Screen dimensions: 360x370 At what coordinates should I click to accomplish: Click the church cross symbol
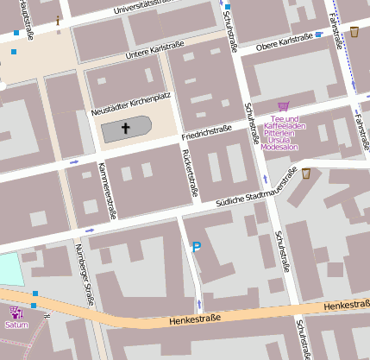click(x=125, y=129)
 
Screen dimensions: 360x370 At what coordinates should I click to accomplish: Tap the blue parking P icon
click(x=197, y=248)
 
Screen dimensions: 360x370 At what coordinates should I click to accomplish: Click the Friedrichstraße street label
click(x=208, y=136)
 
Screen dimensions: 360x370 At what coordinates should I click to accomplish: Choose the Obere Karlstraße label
click(x=285, y=40)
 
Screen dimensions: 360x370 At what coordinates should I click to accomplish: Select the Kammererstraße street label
click(x=106, y=189)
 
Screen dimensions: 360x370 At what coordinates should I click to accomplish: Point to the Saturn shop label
click(x=16, y=325)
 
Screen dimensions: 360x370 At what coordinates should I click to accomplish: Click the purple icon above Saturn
click(x=15, y=313)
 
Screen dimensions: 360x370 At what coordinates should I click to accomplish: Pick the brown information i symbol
click(x=58, y=19)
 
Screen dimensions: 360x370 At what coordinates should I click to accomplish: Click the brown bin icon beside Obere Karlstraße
click(x=354, y=32)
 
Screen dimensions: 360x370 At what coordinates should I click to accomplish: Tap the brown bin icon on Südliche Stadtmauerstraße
click(x=305, y=174)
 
